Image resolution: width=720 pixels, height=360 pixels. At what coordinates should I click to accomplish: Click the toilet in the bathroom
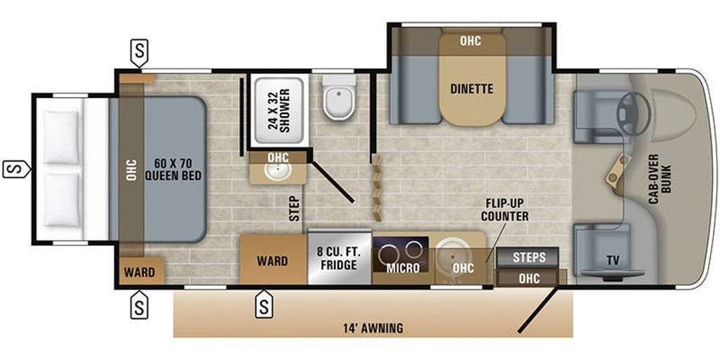pyautogui.click(x=340, y=97)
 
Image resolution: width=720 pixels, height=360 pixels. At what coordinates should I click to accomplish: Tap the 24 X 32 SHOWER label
pyautogui.click(x=279, y=110)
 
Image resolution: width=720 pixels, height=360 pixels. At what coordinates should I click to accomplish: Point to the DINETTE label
pyautogui.click(x=472, y=89)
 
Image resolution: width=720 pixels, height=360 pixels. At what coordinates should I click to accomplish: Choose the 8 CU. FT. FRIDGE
pyautogui.click(x=340, y=259)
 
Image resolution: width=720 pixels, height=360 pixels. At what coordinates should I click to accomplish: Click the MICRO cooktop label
pyautogui.click(x=402, y=268)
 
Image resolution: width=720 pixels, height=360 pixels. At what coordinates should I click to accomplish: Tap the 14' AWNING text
pyautogui.click(x=373, y=328)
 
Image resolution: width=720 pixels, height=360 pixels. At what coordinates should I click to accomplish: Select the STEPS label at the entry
pyautogui.click(x=529, y=257)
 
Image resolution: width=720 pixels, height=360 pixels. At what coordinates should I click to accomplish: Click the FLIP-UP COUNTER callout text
pyautogui.click(x=505, y=210)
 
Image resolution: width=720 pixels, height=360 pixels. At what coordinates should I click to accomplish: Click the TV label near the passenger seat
pyautogui.click(x=612, y=261)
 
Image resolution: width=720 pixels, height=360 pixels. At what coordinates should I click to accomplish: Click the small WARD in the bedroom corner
pyautogui.click(x=139, y=272)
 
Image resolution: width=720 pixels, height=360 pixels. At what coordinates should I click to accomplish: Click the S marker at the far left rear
pyautogui.click(x=16, y=169)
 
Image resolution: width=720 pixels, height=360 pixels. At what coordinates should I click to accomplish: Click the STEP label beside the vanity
pyautogui.click(x=295, y=209)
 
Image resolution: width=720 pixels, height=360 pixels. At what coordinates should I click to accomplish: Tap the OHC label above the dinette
pyautogui.click(x=470, y=41)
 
